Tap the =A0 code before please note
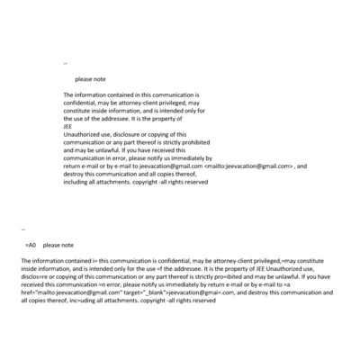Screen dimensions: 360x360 [30, 245]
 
